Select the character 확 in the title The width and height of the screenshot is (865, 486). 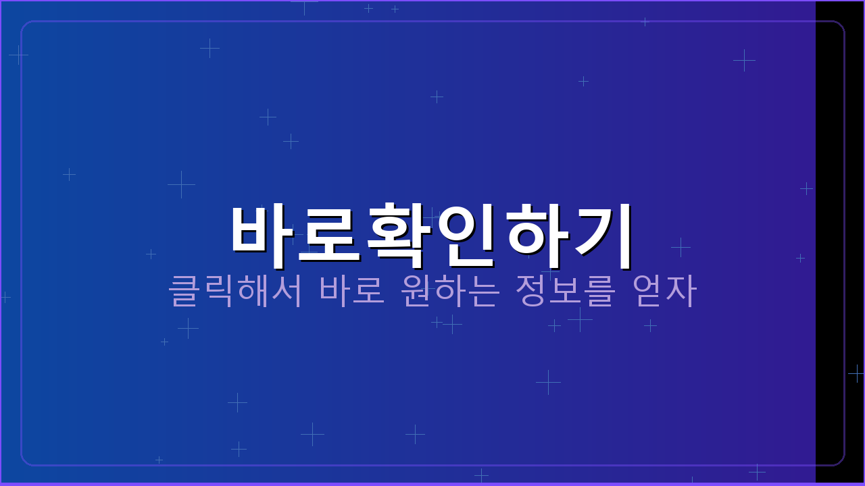coord(399,232)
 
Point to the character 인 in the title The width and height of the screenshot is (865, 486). coord(466,232)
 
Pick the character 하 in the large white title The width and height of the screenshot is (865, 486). coord(535,232)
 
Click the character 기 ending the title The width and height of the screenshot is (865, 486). coord(603,232)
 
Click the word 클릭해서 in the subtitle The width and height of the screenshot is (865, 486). coord(234,290)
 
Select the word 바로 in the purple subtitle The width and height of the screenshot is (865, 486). coord(352,290)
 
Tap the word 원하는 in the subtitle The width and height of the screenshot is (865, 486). coord(450,290)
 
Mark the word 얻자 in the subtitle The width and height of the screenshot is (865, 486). coord(664,290)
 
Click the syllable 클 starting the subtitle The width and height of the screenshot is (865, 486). coord(183,290)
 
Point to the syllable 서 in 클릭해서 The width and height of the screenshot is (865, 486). coord(287,290)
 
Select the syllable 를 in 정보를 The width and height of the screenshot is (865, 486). coord(600,290)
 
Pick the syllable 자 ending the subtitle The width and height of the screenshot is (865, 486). coord(681,290)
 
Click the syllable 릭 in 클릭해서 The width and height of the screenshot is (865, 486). coord(218,290)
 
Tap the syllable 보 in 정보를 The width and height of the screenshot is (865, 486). coord(566,290)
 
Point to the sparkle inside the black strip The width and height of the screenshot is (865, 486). coord(856,373)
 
